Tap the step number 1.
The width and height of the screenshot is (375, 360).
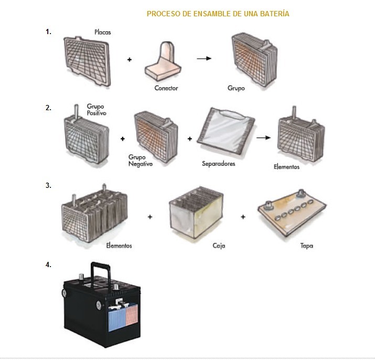point(48,32)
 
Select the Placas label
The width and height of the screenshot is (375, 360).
point(103,32)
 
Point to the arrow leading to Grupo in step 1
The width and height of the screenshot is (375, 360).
point(204,58)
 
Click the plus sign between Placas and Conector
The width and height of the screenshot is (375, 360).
point(130,59)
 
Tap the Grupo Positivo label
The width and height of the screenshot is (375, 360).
point(96,110)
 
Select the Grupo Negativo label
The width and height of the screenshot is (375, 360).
point(141,161)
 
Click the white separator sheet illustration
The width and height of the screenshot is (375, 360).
point(226,131)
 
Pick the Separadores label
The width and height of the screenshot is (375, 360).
point(218,164)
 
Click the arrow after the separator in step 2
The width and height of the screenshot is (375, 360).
point(264,137)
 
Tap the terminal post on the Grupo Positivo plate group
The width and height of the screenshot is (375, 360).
point(76,112)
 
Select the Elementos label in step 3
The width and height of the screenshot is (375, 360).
point(119,246)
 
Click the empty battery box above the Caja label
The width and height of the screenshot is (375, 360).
point(196,213)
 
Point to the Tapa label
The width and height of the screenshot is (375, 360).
point(307,246)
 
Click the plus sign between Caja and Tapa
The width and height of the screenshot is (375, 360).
point(243,217)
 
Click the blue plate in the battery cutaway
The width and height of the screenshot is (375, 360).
point(116,320)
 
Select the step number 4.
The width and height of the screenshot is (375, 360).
point(48,265)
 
